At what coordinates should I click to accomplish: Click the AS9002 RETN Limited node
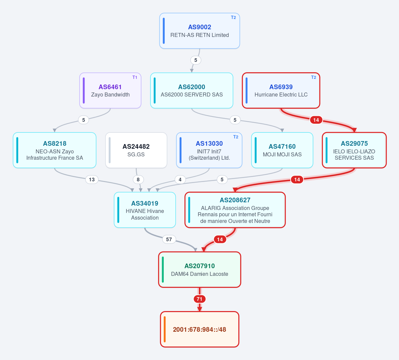pyautogui.click(x=200, y=31)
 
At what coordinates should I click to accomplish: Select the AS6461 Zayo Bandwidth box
pyautogui.click(x=110, y=90)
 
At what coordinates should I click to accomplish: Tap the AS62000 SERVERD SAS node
pyautogui.click(x=192, y=90)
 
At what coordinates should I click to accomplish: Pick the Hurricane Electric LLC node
pyautogui.click(x=281, y=90)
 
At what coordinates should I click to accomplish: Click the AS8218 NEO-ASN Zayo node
pyautogui.click(x=55, y=150)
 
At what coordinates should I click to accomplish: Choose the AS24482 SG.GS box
pyautogui.click(x=136, y=150)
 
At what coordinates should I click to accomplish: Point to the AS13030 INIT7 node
pyautogui.click(x=209, y=150)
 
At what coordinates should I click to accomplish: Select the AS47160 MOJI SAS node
pyautogui.click(x=282, y=150)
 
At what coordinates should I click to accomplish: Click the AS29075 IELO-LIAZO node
pyautogui.click(x=354, y=150)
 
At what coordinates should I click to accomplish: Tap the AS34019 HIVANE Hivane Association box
pyautogui.click(x=145, y=210)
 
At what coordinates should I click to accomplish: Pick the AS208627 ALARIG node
pyautogui.click(x=235, y=210)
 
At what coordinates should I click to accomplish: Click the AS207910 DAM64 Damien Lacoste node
pyautogui.click(x=200, y=270)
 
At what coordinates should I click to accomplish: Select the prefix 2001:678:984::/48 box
pyautogui.click(x=200, y=329)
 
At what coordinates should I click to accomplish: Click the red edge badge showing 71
pyautogui.click(x=200, y=299)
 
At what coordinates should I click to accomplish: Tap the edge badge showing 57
pyautogui.click(x=169, y=240)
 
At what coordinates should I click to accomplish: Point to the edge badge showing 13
pyautogui.click(x=92, y=180)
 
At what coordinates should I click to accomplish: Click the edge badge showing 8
pyautogui.click(x=138, y=180)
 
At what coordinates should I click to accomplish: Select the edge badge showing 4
pyautogui.click(x=180, y=180)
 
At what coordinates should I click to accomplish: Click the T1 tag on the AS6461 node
pyautogui.click(x=135, y=77)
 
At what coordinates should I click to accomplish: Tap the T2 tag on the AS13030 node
pyautogui.click(x=236, y=137)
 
